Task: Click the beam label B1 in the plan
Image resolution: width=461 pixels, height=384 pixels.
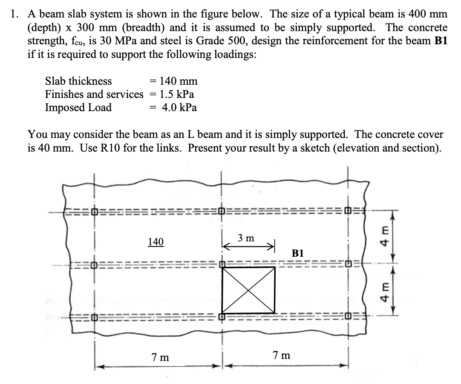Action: click(298, 252)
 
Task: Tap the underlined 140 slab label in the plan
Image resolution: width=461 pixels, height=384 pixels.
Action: click(156, 242)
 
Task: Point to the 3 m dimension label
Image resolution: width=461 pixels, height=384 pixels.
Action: click(246, 238)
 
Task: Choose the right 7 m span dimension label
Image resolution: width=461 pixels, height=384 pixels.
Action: click(281, 355)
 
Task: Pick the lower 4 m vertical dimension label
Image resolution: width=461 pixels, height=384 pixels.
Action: click(385, 292)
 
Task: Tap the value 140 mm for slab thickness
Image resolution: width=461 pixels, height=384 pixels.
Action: click(179, 81)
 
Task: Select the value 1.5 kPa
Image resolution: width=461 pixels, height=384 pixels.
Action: click(177, 94)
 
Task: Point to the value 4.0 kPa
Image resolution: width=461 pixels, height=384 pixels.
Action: click(179, 107)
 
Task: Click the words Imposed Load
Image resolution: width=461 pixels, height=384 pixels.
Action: click(78, 107)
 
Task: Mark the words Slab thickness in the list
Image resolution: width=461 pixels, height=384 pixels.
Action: click(78, 81)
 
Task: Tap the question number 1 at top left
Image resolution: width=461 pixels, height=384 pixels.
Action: click(14, 14)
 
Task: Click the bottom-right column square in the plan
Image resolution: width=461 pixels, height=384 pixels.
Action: click(349, 316)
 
